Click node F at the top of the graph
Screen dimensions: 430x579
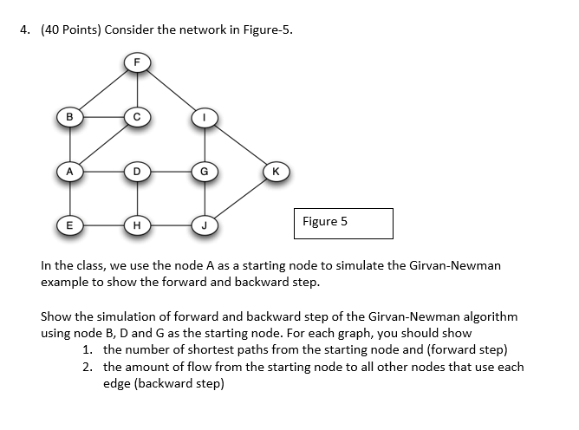(x=135, y=62)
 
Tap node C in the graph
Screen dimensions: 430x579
(x=135, y=116)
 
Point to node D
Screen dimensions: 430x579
(x=135, y=172)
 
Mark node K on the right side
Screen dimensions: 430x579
(x=274, y=172)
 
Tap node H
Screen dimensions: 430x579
(x=135, y=226)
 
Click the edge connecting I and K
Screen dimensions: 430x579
(x=238, y=144)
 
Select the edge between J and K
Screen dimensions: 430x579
(x=238, y=199)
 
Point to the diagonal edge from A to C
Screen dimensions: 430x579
(x=101, y=144)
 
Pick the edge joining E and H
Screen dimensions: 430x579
(x=101, y=226)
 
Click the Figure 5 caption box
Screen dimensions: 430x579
(x=343, y=223)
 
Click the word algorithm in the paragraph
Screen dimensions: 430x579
(x=491, y=316)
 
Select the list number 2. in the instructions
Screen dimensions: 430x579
(x=89, y=367)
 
